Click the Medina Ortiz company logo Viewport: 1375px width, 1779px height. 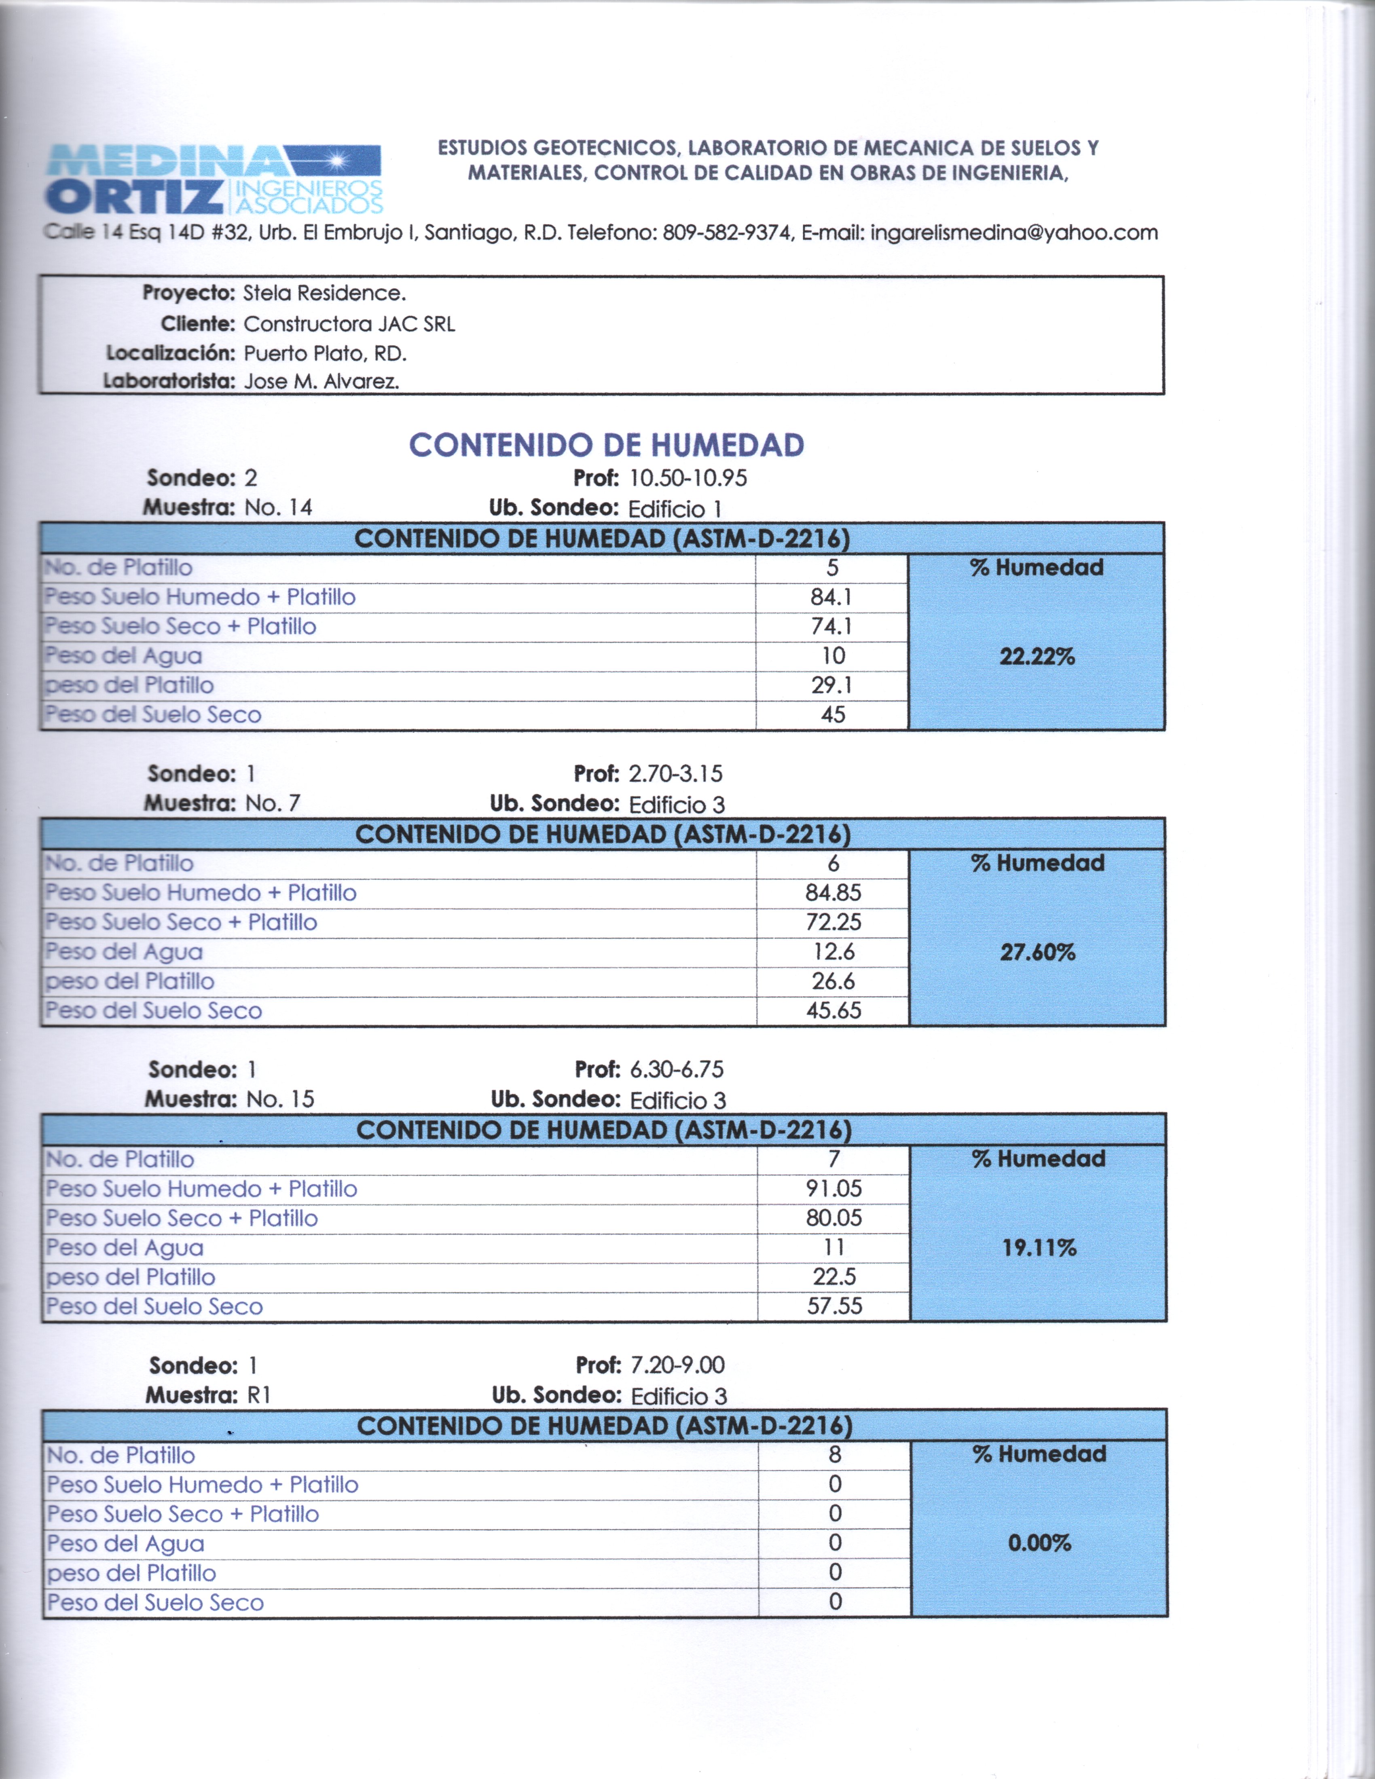214,178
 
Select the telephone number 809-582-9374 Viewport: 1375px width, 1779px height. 727,233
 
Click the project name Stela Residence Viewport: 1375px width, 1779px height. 324,293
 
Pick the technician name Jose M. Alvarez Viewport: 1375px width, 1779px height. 321,381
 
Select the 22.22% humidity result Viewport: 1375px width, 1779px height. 1037,657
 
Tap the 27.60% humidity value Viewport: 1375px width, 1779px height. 1038,952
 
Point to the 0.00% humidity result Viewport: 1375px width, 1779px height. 1039,1543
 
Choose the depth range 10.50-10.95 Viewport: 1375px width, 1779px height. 688,478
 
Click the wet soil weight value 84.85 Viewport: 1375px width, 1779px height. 833,893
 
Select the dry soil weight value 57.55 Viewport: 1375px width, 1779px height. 834,1307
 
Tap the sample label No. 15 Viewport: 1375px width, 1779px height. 279,1100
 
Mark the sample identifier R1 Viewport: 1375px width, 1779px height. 259,1395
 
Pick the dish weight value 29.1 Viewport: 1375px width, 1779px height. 832,685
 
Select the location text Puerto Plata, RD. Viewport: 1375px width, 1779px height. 325,353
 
